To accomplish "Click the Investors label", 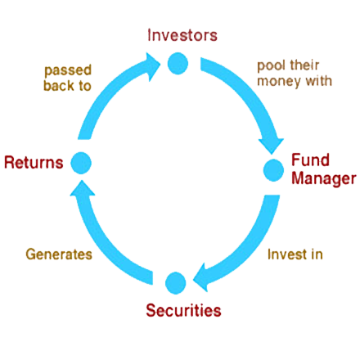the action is click(182, 35).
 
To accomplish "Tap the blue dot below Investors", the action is click(178, 63).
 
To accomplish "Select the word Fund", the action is click(310, 160).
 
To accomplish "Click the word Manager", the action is click(324, 179).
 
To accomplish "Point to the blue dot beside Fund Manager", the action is click(273, 170).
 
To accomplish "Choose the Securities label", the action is click(183, 310).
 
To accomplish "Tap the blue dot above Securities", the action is click(176, 283).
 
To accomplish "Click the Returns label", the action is click(34, 163).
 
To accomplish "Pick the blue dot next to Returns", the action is click(81, 163).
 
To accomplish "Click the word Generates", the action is click(59, 254).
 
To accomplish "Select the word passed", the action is click(68, 70).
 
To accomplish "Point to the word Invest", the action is click(284, 254).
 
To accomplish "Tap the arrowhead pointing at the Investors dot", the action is click(153, 66).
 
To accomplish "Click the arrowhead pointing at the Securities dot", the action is click(200, 278).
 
